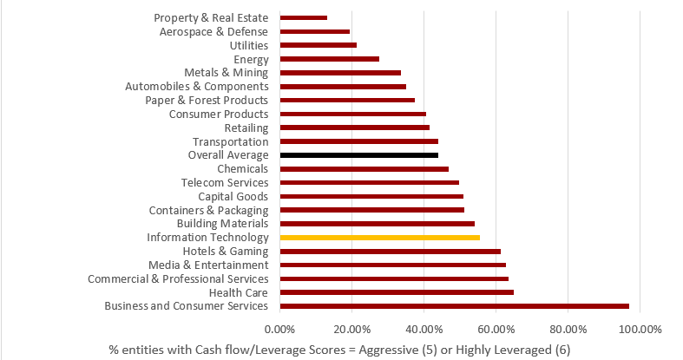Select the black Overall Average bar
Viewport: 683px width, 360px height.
[359, 154]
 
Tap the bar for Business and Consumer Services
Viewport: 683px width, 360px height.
[454, 305]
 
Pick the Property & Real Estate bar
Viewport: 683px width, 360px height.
[304, 17]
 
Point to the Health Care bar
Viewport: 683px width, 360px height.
[397, 292]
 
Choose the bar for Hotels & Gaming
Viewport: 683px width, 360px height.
[391, 251]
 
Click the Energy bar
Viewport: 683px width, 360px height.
[330, 59]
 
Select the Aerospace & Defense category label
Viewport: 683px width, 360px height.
[214, 31]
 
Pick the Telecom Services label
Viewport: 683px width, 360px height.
[225, 182]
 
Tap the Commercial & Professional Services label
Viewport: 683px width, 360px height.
[178, 278]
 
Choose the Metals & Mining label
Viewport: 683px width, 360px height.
[227, 73]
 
